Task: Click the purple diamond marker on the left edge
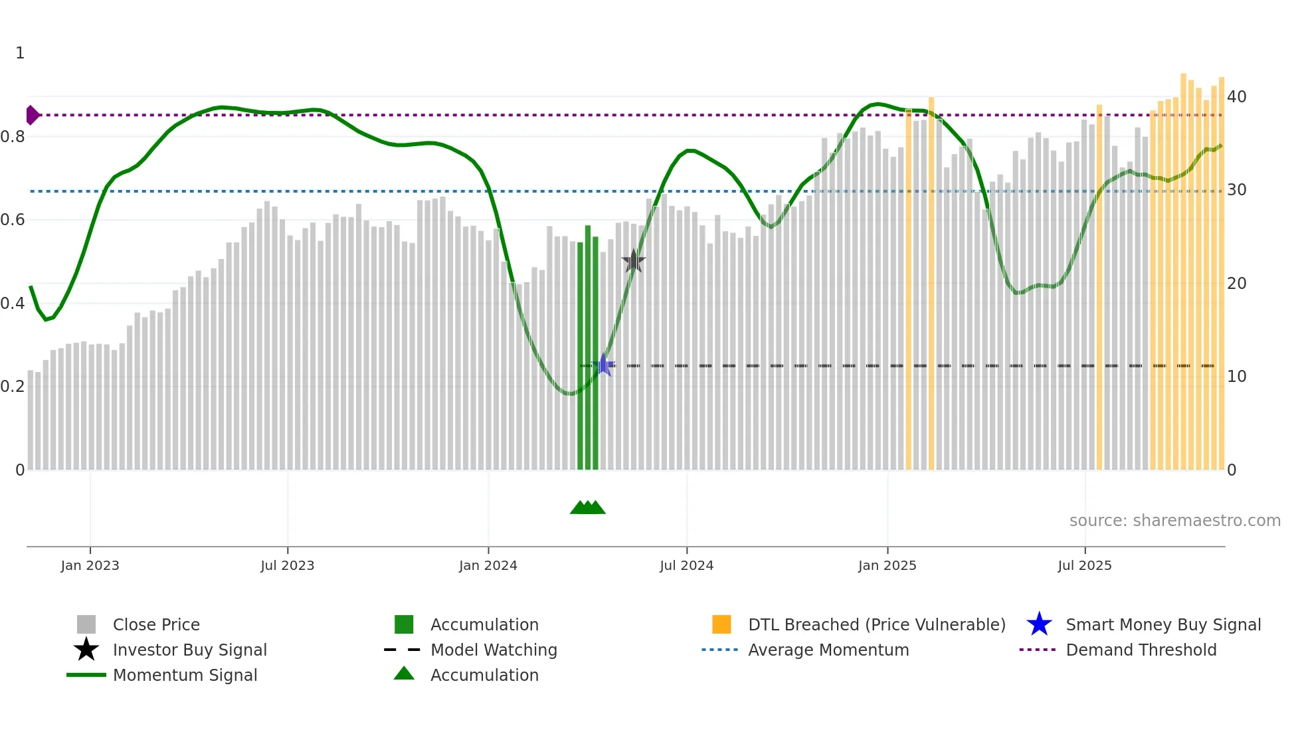[x=32, y=115]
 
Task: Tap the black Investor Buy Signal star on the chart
[x=634, y=261]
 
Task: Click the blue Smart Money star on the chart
[x=603, y=365]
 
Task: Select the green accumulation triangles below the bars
[x=588, y=507]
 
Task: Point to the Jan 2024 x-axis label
[x=488, y=565]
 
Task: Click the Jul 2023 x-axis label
[x=287, y=565]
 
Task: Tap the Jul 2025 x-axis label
[x=1084, y=565]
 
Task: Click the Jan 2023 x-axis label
[x=90, y=565]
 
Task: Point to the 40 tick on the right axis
[x=1236, y=97]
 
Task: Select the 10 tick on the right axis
[x=1236, y=377]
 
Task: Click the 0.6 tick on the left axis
[x=13, y=220]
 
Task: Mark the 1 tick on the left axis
[x=20, y=53]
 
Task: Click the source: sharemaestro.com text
[x=1174, y=521]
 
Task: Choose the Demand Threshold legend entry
[x=1141, y=650]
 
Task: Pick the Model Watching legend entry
[x=494, y=650]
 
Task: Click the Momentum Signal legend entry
[x=185, y=675]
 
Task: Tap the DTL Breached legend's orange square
[x=721, y=624]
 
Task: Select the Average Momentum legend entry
[x=828, y=650]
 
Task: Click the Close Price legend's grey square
[x=86, y=624]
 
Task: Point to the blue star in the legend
[x=1039, y=624]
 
